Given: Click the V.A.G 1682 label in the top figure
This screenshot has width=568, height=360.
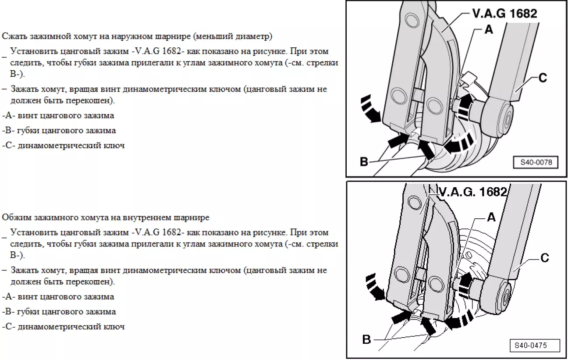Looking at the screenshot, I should (504, 14).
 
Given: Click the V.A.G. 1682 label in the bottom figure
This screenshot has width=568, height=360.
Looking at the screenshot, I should (473, 192).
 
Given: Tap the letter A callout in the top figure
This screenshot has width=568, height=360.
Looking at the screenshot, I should (489, 30).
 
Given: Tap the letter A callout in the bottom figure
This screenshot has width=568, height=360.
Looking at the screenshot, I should (491, 217).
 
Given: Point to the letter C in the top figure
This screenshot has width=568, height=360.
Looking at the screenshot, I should (543, 78).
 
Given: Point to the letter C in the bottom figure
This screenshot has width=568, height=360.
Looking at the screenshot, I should (544, 258).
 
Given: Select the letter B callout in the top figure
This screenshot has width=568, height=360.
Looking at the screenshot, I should (364, 162).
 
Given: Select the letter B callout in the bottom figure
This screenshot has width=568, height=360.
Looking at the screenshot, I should (366, 339).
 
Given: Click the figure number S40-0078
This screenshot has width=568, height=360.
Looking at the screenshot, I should (536, 162).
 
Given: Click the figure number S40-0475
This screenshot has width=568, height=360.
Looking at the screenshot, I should (531, 345).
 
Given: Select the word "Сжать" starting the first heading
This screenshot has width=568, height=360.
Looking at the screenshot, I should (12, 36).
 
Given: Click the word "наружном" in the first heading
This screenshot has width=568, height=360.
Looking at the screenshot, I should (142, 36).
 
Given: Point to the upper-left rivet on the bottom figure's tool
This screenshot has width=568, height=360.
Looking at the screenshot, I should (412, 202).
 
